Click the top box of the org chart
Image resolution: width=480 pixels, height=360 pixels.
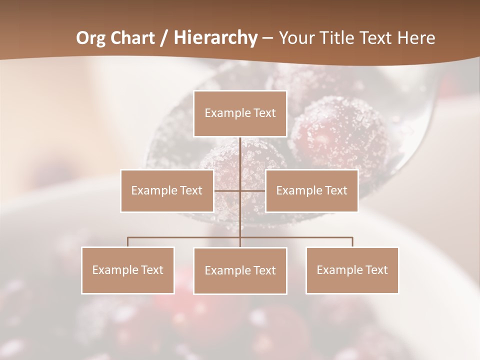240,113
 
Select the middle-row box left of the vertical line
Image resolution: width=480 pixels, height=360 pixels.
167,190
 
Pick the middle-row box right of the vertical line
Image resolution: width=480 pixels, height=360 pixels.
311,190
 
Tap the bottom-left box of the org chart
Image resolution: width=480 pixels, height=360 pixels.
128,270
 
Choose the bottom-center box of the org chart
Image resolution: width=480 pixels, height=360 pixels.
240,270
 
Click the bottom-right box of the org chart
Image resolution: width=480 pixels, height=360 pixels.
352,270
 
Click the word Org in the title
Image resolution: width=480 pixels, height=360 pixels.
91,38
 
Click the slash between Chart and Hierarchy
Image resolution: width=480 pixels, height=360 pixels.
163,38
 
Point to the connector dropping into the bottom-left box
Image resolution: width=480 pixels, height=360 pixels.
128,242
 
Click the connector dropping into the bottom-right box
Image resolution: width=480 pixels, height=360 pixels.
352,242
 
